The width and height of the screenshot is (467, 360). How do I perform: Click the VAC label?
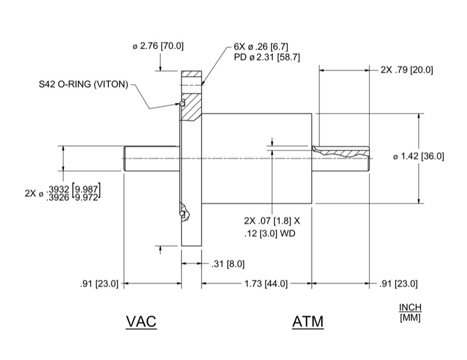pyautogui.click(x=141, y=321)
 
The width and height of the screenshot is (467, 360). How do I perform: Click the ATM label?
pyautogui.click(x=307, y=321)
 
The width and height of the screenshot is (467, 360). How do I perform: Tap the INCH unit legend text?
pyautogui.click(x=410, y=307)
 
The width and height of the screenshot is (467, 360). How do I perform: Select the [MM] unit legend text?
pyautogui.click(x=410, y=317)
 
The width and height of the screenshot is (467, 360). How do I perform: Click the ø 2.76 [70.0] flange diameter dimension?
pyautogui.click(x=158, y=46)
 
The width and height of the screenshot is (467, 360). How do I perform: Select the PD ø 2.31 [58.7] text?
pyautogui.click(x=266, y=57)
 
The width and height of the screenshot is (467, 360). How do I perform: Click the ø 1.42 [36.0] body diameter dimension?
pyautogui.click(x=419, y=156)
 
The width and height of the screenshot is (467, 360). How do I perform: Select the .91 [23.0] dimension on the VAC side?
pyautogui.click(x=99, y=283)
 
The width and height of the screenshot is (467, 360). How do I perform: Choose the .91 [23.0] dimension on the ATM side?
pyautogui.click(x=398, y=283)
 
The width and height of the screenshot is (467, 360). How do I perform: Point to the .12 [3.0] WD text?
pyautogui.click(x=270, y=233)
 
